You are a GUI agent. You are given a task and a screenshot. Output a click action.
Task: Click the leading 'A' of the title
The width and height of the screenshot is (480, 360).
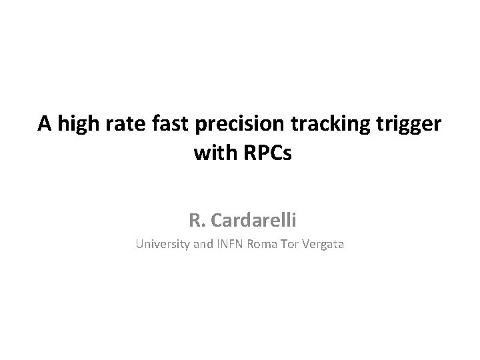pos(45,124)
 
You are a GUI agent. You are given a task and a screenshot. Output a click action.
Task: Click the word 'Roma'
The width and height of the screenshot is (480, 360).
pos(263,245)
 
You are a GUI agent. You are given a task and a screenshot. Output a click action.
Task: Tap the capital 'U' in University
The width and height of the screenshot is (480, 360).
pos(139,245)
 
